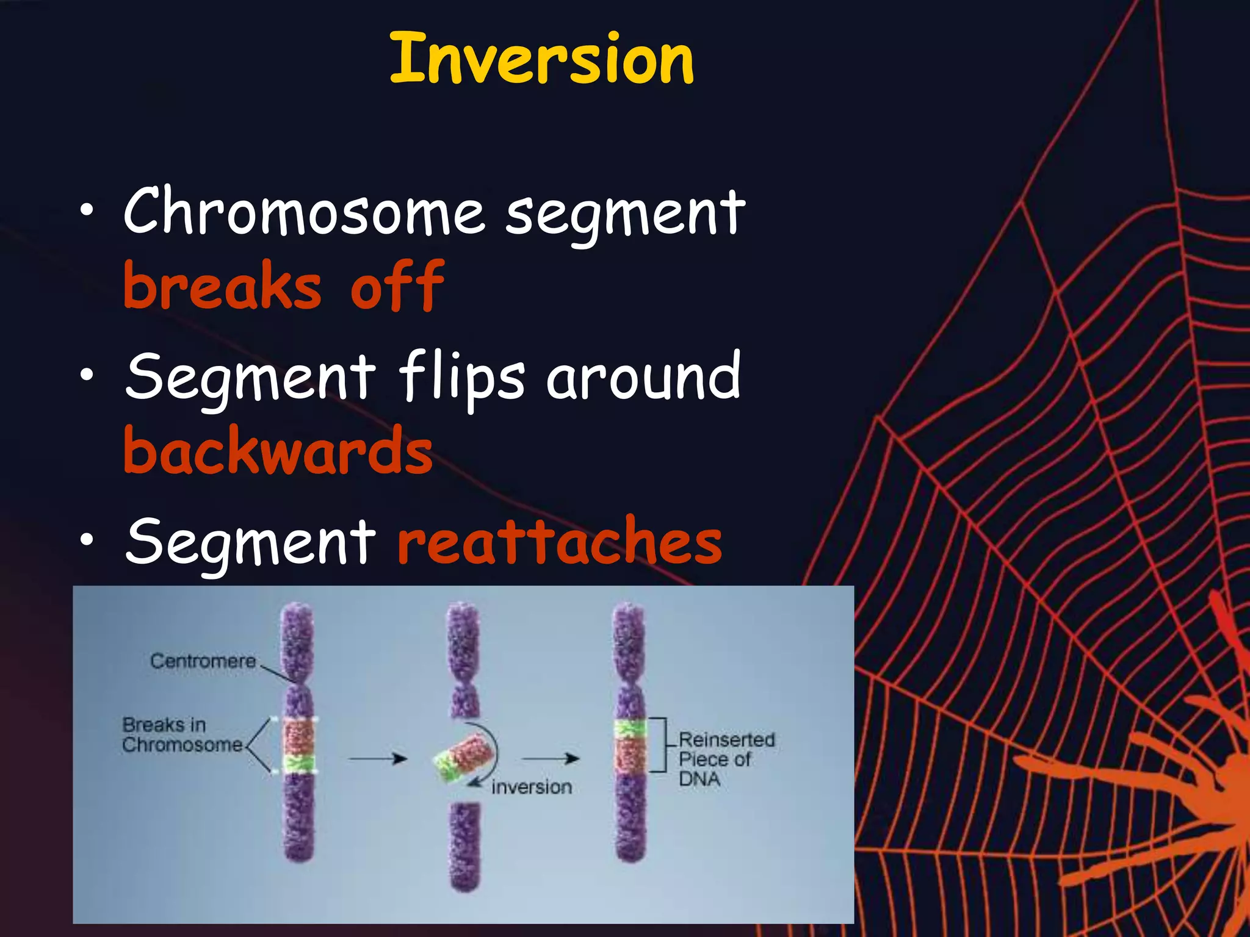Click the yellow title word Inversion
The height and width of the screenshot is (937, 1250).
(541, 60)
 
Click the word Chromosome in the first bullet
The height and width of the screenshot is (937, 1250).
(304, 211)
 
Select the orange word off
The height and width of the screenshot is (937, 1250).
(397, 285)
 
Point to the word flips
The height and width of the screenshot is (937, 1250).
(462, 376)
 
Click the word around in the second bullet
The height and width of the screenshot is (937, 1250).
(643, 377)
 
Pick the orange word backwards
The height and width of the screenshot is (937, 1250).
(278, 451)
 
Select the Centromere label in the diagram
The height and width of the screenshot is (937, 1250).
(203, 661)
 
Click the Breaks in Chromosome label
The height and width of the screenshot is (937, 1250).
(181, 735)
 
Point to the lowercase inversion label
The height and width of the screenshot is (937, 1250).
(532, 788)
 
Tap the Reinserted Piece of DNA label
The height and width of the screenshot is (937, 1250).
(725, 759)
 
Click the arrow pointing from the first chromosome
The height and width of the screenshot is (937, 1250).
(377, 759)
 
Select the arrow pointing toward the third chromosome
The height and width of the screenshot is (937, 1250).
(551, 759)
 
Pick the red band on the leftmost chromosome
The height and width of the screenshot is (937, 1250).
(298, 737)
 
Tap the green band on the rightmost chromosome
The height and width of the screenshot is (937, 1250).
(630, 728)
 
